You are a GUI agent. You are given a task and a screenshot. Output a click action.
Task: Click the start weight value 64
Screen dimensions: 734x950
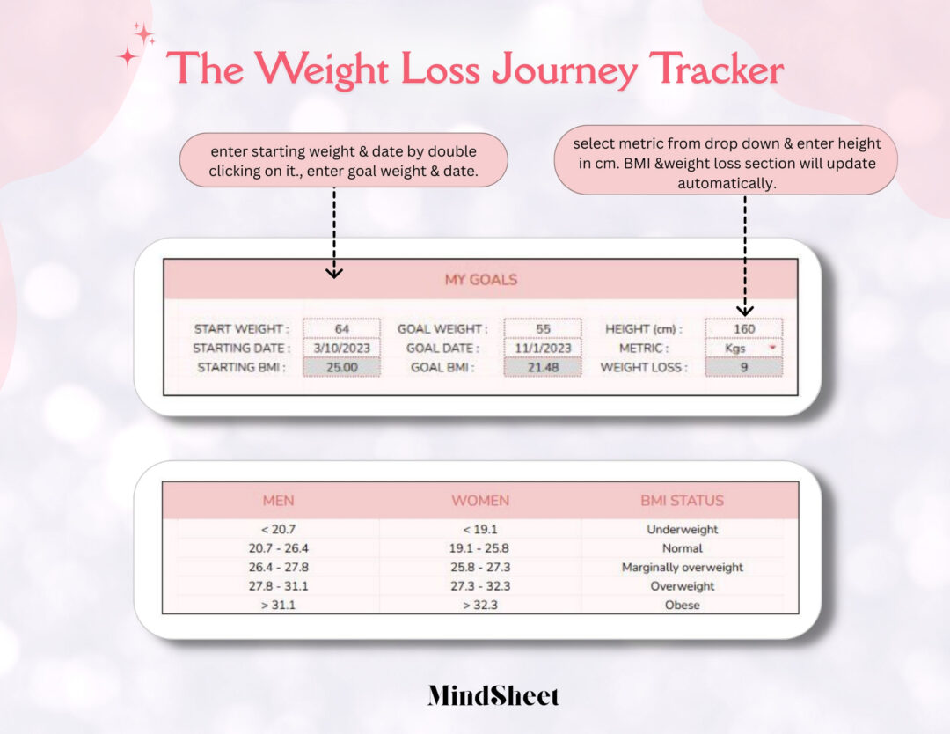[342, 328]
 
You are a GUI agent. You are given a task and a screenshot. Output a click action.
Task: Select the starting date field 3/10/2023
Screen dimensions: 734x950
[342, 348]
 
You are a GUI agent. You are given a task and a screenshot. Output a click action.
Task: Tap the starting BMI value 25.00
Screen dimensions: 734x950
[342, 367]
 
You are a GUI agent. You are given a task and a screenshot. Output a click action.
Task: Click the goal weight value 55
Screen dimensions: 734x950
[543, 328]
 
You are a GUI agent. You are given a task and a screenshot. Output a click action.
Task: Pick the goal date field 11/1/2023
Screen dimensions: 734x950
[543, 348]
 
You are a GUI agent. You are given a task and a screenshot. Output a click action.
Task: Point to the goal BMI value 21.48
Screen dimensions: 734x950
[543, 367]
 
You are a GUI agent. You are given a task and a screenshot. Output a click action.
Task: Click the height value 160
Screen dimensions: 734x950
[743, 328]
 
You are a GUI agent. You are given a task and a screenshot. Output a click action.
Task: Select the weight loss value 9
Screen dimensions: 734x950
[743, 367]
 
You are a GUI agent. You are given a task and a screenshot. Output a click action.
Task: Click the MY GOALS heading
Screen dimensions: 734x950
[480, 280]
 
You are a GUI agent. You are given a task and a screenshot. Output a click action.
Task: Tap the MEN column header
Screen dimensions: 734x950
[279, 501]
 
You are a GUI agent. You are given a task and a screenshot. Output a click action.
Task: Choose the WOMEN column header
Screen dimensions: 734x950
[480, 501]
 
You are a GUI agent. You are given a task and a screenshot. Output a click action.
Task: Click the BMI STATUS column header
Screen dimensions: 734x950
[682, 501]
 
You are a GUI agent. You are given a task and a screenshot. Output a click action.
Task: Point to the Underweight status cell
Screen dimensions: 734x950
[682, 530]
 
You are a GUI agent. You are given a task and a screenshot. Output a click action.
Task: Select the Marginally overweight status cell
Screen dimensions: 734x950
[682, 568]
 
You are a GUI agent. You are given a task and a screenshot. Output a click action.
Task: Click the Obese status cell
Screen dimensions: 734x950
[682, 606]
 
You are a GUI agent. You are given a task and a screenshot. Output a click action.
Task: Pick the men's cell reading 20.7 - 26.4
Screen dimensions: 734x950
[279, 548]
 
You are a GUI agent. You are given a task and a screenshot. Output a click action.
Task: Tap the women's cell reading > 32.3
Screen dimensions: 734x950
[480, 606]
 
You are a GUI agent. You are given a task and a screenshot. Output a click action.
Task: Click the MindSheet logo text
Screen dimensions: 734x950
[493, 696]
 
